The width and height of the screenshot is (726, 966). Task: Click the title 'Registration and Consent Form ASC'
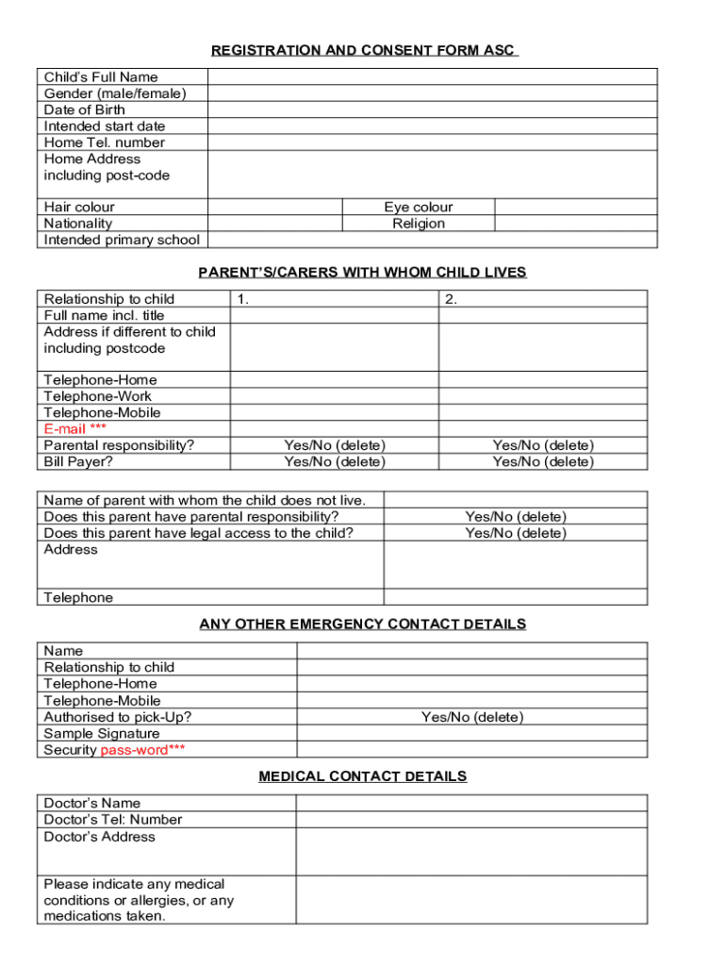coord(363,50)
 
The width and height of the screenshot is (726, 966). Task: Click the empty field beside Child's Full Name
coord(432,76)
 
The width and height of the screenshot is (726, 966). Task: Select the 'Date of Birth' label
coord(84,109)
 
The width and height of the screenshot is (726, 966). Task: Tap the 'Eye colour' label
coord(418,207)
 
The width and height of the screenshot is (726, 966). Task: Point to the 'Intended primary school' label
coord(122,240)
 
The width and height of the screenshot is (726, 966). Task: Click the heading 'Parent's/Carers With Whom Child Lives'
coord(362,273)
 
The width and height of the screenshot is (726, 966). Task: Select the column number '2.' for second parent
coord(452,299)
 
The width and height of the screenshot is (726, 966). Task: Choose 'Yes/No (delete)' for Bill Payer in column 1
coord(335,461)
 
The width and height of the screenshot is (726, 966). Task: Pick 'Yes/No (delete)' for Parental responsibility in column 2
coord(543,445)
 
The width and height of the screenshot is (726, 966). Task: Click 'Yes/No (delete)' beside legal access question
coord(516,533)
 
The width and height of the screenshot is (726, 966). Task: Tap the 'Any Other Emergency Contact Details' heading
coord(362,625)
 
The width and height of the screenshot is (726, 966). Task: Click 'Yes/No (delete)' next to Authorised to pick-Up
coord(472,717)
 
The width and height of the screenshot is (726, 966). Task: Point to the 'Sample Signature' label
coord(102,733)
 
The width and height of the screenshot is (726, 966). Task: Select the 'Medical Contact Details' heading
coord(362,776)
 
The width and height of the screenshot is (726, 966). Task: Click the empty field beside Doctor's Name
coord(471,803)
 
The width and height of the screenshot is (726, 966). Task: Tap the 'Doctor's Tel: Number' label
coord(113,820)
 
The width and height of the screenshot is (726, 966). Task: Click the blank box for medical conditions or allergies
coord(471,900)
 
